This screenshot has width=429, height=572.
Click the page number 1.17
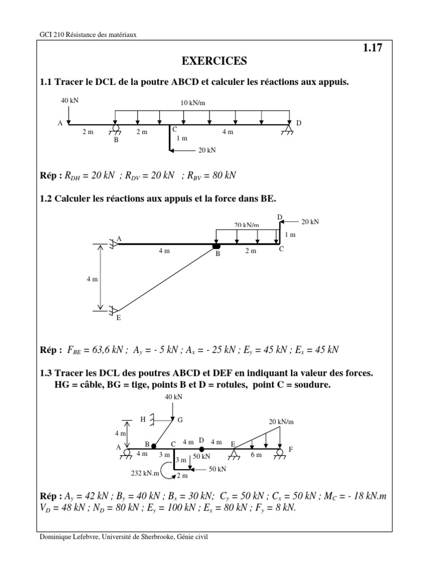[x=373, y=48]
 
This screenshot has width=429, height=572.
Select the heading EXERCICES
[x=214, y=61]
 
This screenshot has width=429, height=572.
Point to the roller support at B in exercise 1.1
[x=116, y=130]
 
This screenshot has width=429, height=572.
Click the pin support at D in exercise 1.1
[x=289, y=130]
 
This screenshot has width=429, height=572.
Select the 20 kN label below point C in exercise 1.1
[x=207, y=150]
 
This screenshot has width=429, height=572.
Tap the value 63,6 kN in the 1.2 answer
[x=106, y=350]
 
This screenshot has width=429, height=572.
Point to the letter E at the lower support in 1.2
[x=118, y=318]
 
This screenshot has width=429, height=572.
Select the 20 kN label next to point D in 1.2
[x=310, y=222]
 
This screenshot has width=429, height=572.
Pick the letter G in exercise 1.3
[x=180, y=420]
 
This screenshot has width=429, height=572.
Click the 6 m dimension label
[x=255, y=455]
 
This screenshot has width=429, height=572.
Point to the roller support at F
[x=278, y=453]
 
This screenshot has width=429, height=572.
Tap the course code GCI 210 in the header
[x=52, y=34]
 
